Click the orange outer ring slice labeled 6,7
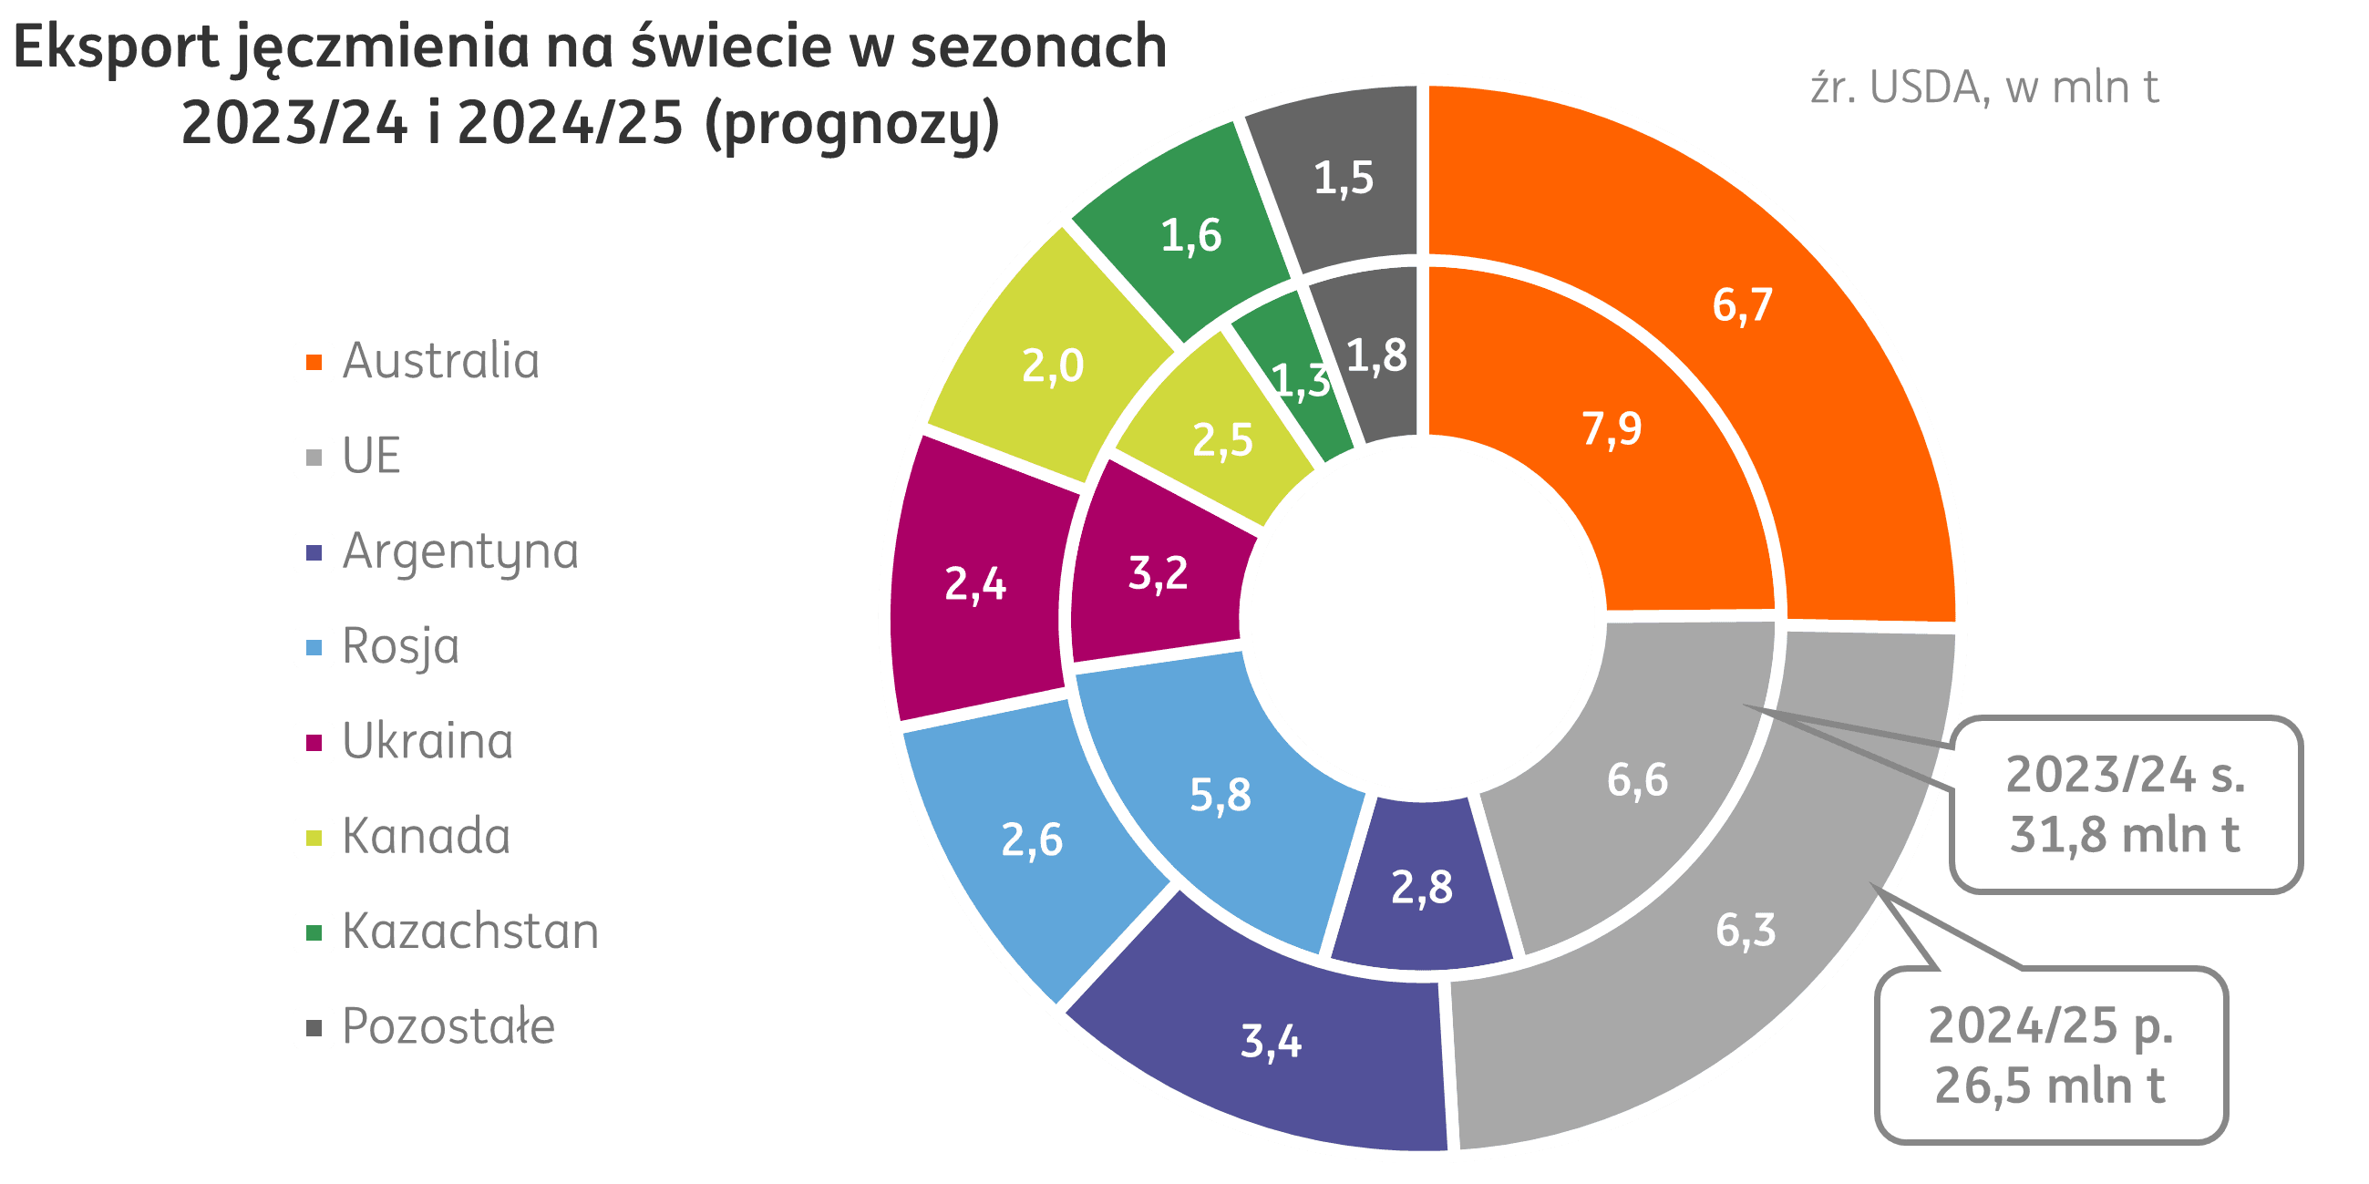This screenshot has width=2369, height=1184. click(x=1741, y=305)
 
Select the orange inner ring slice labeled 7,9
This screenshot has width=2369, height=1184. click(x=1612, y=428)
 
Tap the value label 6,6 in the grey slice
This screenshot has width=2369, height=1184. click(x=1637, y=779)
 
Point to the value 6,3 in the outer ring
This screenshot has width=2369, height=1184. click(x=1745, y=931)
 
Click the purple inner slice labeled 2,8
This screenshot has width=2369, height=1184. click(x=1422, y=887)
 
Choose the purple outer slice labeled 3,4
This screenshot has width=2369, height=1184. click(x=1271, y=1042)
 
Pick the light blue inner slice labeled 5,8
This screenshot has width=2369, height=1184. click(x=1221, y=795)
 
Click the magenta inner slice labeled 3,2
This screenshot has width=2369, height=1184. click(x=1158, y=573)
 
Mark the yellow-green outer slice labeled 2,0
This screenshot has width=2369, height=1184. click(x=1052, y=366)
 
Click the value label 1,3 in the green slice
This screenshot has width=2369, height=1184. click(x=1301, y=382)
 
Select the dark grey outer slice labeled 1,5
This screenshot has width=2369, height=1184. click(x=1343, y=179)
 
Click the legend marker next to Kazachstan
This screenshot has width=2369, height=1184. click(x=314, y=933)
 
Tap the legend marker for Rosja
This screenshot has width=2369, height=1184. click(x=314, y=648)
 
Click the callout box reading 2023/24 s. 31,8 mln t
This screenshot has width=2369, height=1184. click(x=2125, y=804)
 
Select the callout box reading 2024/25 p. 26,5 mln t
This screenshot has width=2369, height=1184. click(x=2050, y=1055)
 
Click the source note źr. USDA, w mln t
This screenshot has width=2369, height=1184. click(x=1983, y=89)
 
